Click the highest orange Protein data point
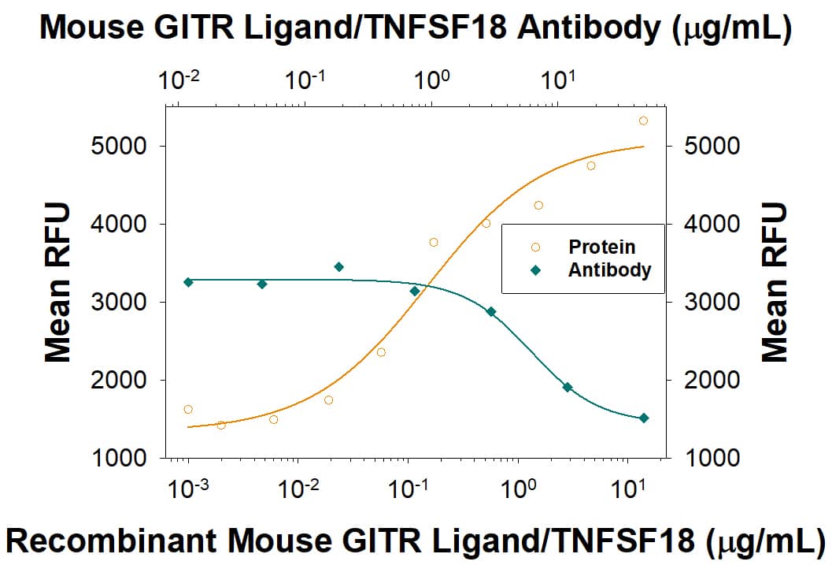[643, 121]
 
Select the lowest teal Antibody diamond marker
[643, 418]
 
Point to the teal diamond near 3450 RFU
[338, 267]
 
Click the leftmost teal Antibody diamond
[188, 282]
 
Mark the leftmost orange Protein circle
[187, 409]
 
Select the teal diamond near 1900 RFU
[567, 387]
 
